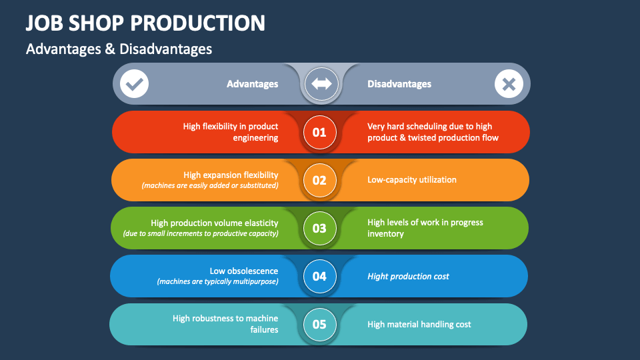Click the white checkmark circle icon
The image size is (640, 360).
click(x=135, y=84)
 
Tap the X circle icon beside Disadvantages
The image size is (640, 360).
click(x=508, y=84)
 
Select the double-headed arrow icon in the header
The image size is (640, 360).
click(x=321, y=84)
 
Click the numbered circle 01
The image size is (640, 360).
click(x=319, y=132)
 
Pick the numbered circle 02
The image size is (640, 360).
click(x=319, y=180)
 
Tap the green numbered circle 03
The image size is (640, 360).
click(x=319, y=228)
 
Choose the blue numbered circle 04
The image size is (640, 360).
click(x=319, y=276)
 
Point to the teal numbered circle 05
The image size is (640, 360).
click(x=319, y=325)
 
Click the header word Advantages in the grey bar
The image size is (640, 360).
click(x=252, y=84)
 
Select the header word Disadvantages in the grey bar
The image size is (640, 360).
click(x=399, y=84)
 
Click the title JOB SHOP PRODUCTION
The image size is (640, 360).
click(x=145, y=23)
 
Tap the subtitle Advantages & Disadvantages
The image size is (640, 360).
click(x=119, y=49)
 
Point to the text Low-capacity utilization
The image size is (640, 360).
click(x=412, y=180)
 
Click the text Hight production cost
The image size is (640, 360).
click(x=408, y=276)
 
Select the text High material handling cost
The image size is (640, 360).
click(x=419, y=325)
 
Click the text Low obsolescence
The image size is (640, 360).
click(x=243, y=271)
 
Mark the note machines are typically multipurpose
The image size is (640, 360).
click(x=217, y=281)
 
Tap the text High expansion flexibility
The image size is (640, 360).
click(x=231, y=175)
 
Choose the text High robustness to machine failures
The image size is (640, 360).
click(x=225, y=324)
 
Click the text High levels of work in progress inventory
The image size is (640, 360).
click(x=425, y=228)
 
